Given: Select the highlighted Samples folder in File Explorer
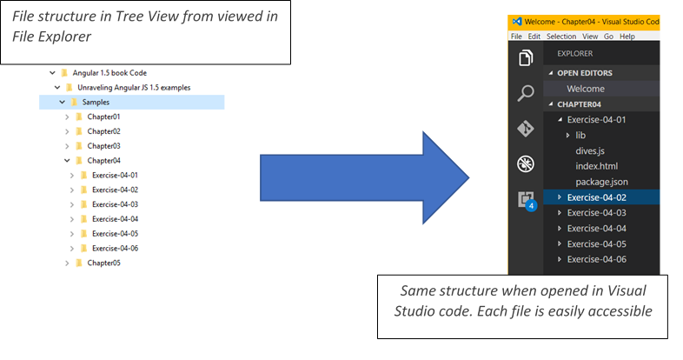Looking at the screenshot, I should (x=96, y=103).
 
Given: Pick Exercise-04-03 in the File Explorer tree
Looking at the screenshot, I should (x=115, y=204).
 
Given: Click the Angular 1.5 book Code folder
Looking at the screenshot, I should (x=109, y=73).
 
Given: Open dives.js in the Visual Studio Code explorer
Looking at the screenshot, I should (x=590, y=150).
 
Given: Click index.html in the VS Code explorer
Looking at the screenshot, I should (x=596, y=166).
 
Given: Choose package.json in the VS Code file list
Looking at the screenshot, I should (x=601, y=182).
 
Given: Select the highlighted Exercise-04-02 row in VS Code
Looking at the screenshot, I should (x=596, y=197).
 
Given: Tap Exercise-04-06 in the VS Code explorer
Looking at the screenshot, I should (x=596, y=259).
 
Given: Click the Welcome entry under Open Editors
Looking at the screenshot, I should (x=586, y=89).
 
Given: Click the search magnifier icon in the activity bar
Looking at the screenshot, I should (x=525, y=93).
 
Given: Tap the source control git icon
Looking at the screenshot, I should (x=525, y=129).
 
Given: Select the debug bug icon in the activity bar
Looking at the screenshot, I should (x=525, y=164).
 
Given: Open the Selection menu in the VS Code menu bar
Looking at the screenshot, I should (x=561, y=37).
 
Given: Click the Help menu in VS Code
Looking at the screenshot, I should (x=627, y=37).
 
